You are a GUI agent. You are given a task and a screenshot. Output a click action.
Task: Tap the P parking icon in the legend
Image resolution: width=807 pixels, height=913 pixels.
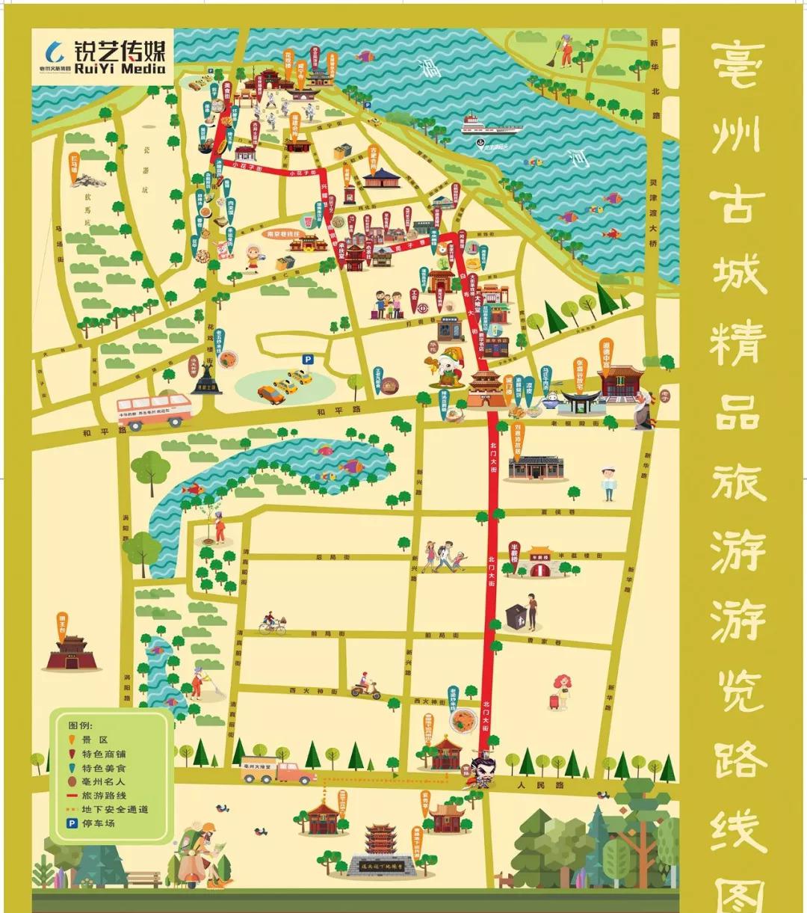click(x=72, y=823)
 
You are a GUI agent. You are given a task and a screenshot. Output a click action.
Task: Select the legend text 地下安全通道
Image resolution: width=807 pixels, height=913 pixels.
click(x=115, y=810)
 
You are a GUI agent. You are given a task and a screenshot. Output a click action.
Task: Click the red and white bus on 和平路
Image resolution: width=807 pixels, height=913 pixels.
click(x=153, y=411)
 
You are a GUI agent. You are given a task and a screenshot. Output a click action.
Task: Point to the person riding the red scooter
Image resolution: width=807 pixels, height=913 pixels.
click(x=365, y=686)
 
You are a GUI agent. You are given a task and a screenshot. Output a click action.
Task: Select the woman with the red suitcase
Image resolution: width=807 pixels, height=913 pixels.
click(x=559, y=692)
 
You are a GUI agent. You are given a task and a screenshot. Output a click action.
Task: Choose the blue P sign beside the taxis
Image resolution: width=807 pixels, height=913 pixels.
click(x=308, y=360)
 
